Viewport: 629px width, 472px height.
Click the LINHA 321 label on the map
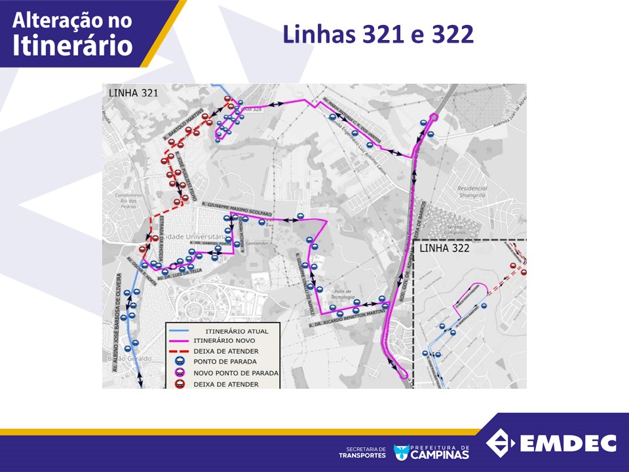tap(133, 92)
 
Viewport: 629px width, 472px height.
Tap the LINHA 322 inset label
tap(444, 248)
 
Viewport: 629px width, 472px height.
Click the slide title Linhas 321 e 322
tap(378, 35)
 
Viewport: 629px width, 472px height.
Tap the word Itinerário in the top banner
tap(73, 45)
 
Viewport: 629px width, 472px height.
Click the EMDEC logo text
tap(568, 443)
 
